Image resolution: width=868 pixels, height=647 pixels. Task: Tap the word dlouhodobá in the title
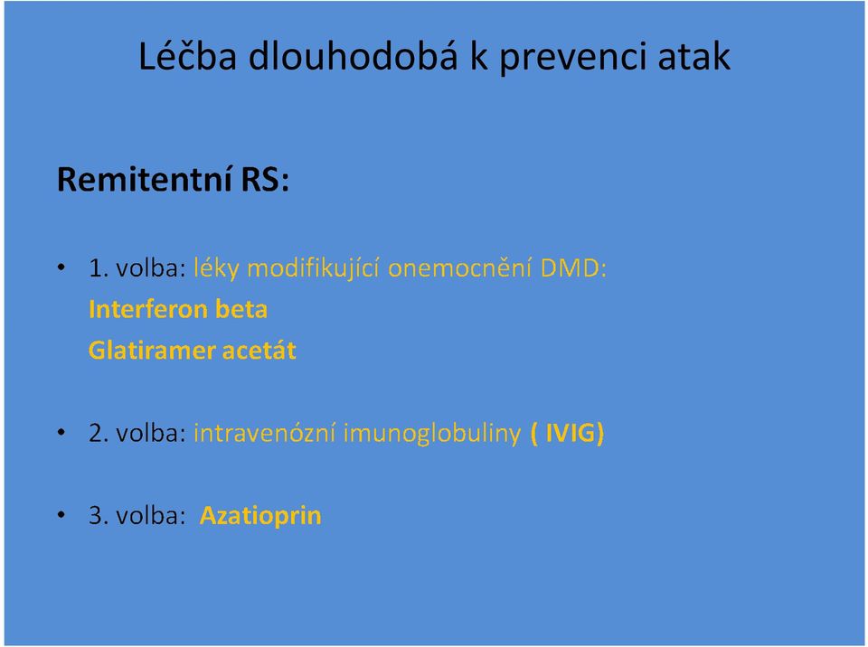[x=354, y=55]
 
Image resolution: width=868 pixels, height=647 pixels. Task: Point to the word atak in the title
[x=693, y=56]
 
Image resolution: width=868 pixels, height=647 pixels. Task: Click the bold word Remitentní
[x=144, y=179]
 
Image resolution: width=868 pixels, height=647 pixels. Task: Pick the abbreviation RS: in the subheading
[x=265, y=179]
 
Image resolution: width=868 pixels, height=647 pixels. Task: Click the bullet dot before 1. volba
[x=61, y=267]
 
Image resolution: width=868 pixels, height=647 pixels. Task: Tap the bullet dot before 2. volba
[x=61, y=433]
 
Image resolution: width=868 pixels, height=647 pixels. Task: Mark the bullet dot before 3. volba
[x=61, y=515]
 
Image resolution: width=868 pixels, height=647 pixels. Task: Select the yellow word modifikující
[x=313, y=268]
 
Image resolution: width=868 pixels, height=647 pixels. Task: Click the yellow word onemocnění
[x=459, y=267]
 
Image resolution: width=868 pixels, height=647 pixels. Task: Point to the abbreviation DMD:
[x=573, y=268]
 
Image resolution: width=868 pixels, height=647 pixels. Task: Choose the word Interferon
[x=147, y=309]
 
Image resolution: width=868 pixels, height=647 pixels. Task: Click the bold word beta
[x=241, y=309]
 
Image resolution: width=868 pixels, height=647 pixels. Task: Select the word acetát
[x=259, y=351]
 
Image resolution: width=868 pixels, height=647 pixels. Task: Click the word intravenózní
[x=265, y=433]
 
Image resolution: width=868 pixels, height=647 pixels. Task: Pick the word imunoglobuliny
[x=432, y=434]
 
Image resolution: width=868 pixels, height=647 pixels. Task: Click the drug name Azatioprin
[x=260, y=516]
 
